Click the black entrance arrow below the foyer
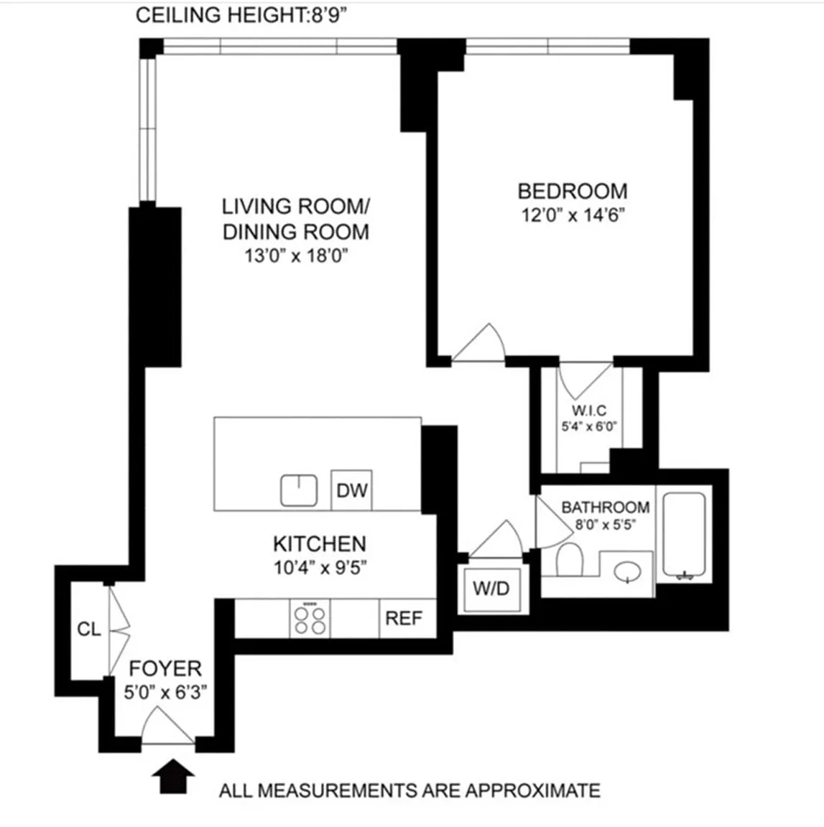tap(173, 775)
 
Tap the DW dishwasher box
tap(351, 490)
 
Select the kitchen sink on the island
tap(298, 490)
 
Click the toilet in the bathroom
tap(570, 560)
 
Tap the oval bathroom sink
tap(628, 571)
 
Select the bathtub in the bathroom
tap(684, 535)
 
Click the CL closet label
tap(88, 629)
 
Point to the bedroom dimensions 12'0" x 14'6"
tap(573, 215)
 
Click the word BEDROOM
tap(573, 191)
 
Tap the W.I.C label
tap(589, 410)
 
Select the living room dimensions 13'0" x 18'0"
tap(296, 256)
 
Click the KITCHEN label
tap(320, 543)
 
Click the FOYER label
tap(165, 668)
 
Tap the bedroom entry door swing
tap(478, 343)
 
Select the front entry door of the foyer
tap(168, 726)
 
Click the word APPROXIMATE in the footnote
tap(532, 790)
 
